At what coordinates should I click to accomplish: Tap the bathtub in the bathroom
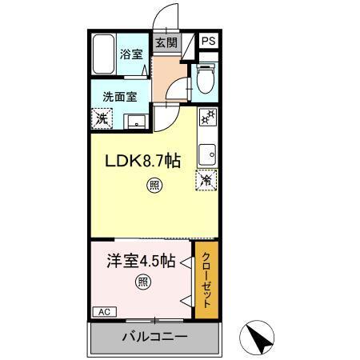104,56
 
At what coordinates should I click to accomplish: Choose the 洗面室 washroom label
118,96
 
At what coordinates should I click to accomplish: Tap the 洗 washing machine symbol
102,118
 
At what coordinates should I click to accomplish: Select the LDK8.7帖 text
144,160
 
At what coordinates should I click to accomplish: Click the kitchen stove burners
207,117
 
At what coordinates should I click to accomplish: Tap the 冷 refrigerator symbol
206,180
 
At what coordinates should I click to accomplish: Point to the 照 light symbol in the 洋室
142,282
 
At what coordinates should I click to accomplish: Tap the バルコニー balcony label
154,336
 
